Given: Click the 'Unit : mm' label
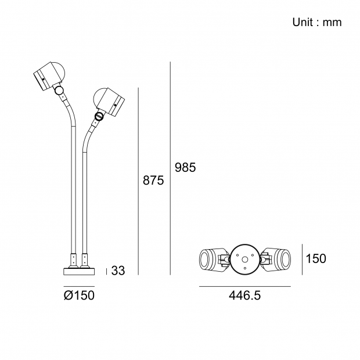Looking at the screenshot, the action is (x=317, y=22).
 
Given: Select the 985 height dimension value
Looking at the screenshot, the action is (x=185, y=167).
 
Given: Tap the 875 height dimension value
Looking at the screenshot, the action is (x=153, y=180).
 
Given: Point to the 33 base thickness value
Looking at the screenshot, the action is (x=118, y=271).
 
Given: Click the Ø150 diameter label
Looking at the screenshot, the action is (x=79, y=295).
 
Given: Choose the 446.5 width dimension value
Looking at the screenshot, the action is (x=245, y=295).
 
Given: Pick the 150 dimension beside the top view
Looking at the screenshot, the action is (x=316, y=258).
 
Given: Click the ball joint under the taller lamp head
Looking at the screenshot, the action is (x=59, y=90).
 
